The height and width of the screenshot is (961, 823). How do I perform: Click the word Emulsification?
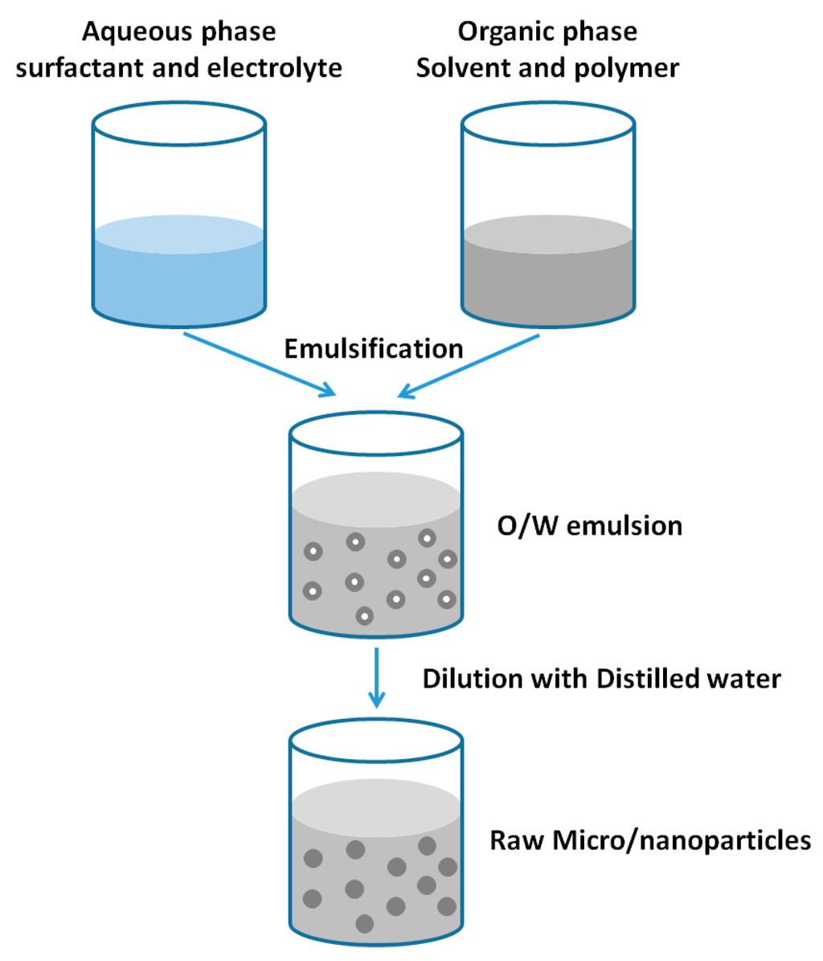click(x=374, y=349)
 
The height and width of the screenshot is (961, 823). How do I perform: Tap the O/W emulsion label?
click(x=590, y=526)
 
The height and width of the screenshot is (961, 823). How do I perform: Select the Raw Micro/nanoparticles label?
click(x=650, y=841)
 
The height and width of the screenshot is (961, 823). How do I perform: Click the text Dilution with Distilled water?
click(x=601, y=678)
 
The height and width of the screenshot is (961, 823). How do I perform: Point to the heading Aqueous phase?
click(x=179, y=32)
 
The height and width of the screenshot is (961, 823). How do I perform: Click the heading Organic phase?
click(x=547, y=32)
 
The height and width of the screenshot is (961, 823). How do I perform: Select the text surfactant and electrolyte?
click(x=179, y=68)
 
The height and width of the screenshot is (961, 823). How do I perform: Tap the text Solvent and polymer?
click(x=547, y=68)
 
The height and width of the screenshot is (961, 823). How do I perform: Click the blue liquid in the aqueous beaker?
click(x=179, y=277)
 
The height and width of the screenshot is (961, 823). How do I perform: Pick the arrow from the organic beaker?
click(x=469, y=365)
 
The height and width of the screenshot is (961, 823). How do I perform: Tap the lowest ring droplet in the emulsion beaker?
click(x=364, y=616)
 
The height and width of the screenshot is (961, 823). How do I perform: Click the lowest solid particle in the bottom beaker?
click(x=364, y=923)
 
